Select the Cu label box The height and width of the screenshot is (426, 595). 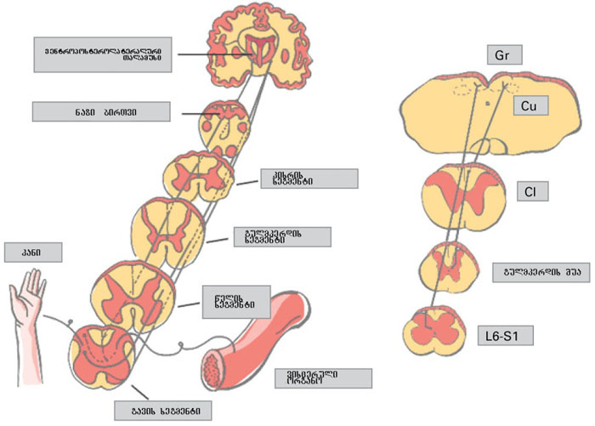point(527,105)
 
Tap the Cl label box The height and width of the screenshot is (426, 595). point(528,192)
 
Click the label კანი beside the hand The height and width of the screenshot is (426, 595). point(34,253)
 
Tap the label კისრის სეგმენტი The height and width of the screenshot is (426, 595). point(309,179)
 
